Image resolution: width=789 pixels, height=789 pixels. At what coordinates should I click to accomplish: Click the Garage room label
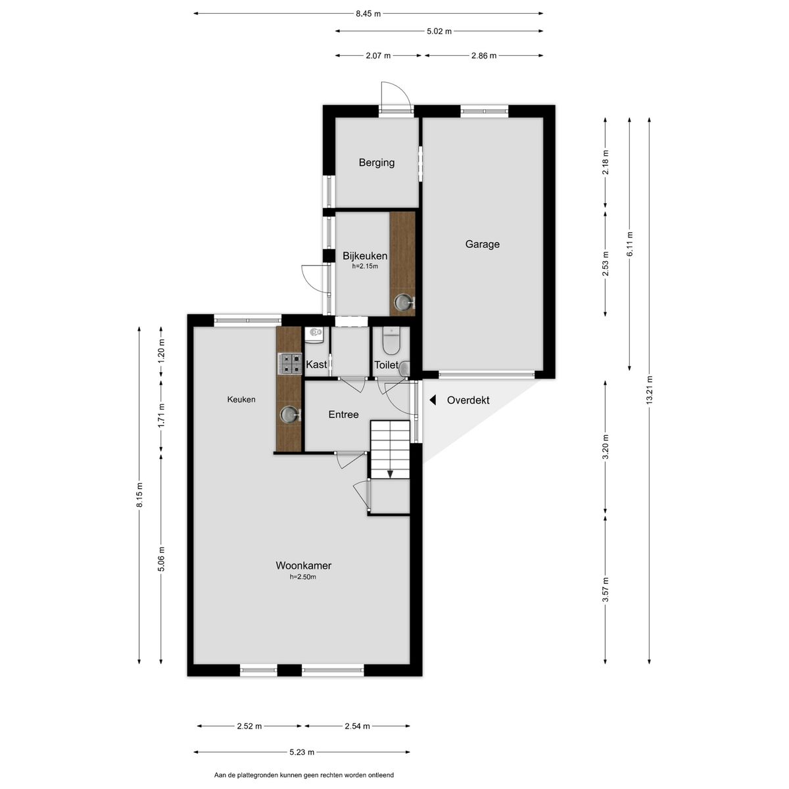[x=482, y=244]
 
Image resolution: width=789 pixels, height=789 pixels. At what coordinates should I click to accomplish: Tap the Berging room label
[x=376, y=162]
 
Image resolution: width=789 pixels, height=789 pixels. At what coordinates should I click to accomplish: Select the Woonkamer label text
[x=303, y=565]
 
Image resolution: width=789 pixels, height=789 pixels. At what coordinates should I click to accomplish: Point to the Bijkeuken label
[x=364, y=256]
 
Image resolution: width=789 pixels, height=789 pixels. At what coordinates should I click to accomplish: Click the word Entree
[x=343, y=414]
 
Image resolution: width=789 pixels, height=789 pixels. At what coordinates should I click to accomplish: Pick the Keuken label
[x=241, y=399]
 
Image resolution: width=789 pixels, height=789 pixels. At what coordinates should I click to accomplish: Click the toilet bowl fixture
[x=391, y=342]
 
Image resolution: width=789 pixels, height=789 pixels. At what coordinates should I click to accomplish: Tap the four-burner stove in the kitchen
[x=289, y=364]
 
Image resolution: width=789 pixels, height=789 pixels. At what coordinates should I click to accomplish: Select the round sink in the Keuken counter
[x=289, y=414]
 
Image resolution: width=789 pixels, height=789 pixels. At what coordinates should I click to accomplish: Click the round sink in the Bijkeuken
[x=403, y=302]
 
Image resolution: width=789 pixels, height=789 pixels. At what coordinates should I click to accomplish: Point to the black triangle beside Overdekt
[x=433, y=400]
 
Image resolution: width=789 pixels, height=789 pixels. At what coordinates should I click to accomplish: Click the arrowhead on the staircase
[x=390, y=473]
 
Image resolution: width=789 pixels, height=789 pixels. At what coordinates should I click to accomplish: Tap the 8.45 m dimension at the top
[x=368, y=14]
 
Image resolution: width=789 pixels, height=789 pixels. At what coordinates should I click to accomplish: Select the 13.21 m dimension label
[x=649, y=390]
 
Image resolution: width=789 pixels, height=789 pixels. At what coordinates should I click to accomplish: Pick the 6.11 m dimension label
[x=629, y=244]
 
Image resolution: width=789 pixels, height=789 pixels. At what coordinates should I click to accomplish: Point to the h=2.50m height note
[x=302, y=577]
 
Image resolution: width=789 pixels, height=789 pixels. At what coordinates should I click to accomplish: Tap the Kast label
[x=316, y=364]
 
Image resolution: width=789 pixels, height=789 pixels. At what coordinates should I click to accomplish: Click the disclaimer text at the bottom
[x=304, y=775]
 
